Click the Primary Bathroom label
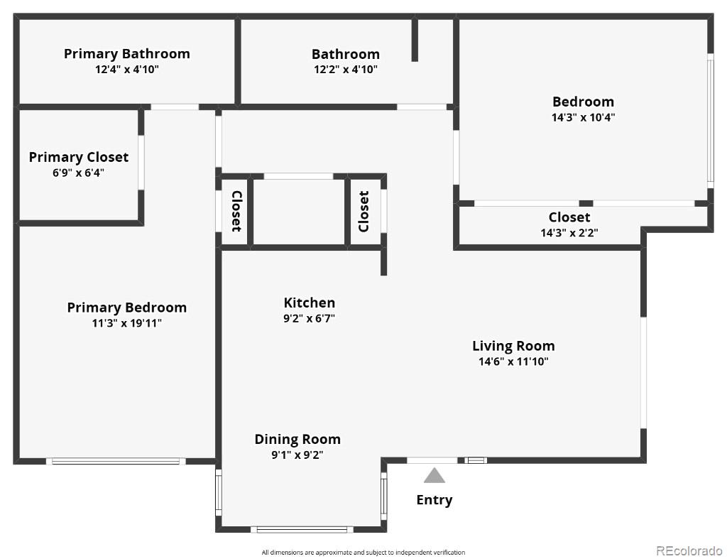point(127,54)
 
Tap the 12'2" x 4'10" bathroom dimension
point(346,70)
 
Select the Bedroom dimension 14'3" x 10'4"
point(583,117)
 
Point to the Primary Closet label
point(79,157)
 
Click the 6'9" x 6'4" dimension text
point(78,173)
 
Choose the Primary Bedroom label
point(127,308)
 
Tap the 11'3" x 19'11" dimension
point(127,323)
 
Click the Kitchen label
point(310,303)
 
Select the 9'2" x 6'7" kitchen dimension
point(310,319)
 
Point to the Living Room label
point(514,346)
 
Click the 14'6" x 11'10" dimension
point(514,362)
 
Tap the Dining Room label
point(297,439)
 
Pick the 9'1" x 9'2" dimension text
point(297,455)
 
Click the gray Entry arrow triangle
point(434,477)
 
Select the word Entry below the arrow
point(434,500)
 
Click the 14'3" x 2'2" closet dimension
point(569,233)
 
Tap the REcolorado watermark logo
point(689,550)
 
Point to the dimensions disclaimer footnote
point(363,553)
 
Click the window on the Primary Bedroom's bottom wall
point(116,461)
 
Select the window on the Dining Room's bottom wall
point(302,529)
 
